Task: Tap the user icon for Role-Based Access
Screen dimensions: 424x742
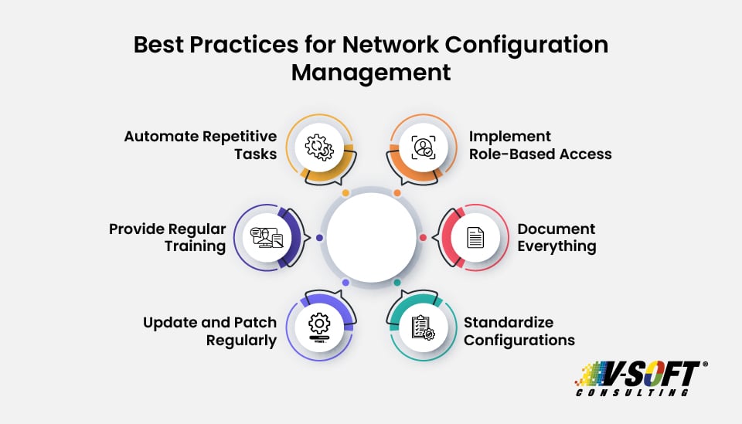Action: (x=423, y=147)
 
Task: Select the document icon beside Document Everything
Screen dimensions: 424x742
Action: (x=475, y=237)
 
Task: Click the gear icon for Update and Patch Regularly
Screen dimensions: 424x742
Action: (x=319, y=324)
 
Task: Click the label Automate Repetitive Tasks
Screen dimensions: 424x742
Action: (x=200, y=144)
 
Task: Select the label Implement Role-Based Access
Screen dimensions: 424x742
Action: (x=540, y=144)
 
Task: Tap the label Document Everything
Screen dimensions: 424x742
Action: (x=556, y=237)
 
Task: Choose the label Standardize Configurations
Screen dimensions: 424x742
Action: (x=519, y=331)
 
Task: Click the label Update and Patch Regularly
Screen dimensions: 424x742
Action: (x=209, y=331)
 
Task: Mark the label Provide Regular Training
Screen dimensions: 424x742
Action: (x=167, y=237)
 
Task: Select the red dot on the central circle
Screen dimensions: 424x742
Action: (x=423, y=237)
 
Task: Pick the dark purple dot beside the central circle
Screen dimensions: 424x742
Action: (x=319, y=237)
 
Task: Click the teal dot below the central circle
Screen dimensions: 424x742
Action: (x=397, y=283)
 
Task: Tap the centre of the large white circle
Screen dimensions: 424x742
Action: (x=371, y=237)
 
